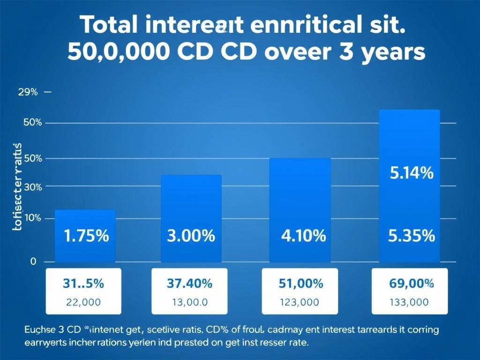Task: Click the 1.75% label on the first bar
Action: click(85, 236)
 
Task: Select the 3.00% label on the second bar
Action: click(191, 236)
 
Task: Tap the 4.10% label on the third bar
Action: click(303, 236)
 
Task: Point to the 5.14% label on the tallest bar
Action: click(412, 174)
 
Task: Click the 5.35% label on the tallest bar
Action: click(412, 236)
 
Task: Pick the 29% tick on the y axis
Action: click(28, 92)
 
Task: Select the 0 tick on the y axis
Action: click(33, 262)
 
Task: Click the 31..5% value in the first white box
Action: click(83, 284)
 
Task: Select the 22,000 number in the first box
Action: click(83, 302)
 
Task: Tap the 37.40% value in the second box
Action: click(189, 284)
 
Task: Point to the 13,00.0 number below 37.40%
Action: click(189, 302)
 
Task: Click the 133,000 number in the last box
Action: click(409, 302)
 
